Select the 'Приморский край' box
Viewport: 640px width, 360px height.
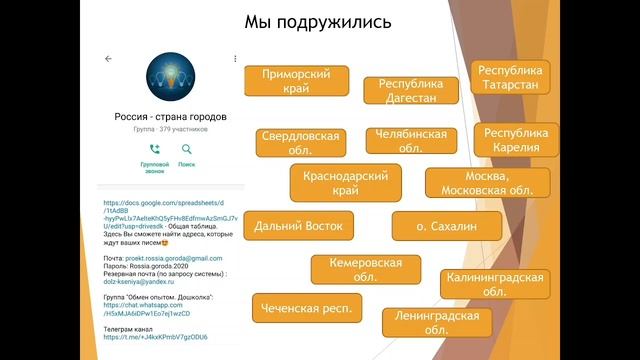[x=297, y=81]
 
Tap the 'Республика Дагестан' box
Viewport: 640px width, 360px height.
[x=411, y=91]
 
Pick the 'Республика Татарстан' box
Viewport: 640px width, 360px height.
[x=511, y=78]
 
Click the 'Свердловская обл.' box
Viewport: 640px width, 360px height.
[x=300, y=142]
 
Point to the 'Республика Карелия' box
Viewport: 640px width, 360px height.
[x=516, y=140]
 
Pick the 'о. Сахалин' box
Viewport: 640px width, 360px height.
[x=446, y=227]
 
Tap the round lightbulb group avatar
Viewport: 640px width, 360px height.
[x=172, y=78]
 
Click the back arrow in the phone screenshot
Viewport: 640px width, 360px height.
[x=108, y=59]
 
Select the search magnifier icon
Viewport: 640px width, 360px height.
[x=186, y=150]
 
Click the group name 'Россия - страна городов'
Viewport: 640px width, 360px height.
[x=171, y=117]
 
